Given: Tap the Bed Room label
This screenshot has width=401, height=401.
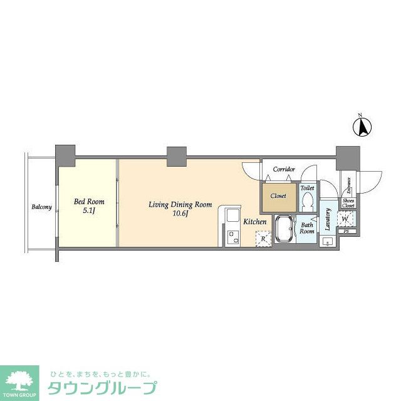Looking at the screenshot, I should pyautogui.click(x=89, y=202).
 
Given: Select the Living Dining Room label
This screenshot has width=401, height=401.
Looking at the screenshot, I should pyautogui.click(x=180, y=205).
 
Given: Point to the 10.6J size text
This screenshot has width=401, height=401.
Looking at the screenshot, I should pyautogui.click(x=180, y=215).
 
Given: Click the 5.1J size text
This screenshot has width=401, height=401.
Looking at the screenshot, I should pyautogui.click(x=88, y=211).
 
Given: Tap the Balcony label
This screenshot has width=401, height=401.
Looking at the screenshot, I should pyautogui.click(x=41, y=207).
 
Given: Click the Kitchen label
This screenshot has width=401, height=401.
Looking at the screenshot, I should pyautogui.click(x=255, y=222).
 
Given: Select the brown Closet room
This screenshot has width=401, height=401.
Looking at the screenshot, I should pyautogui.click(x=278, y=196).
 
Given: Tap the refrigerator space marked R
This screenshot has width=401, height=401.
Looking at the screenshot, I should pyautogui.click(x=263, y=238).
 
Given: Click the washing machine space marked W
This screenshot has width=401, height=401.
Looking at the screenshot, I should pyautogui.click(x=346, y=219).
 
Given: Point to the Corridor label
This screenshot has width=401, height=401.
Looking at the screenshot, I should pyautogui.click(x=283, y=170).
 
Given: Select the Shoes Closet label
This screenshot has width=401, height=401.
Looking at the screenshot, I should pyautogui.click(x=348, y=203).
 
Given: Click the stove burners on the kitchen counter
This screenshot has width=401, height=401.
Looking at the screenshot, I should pyautogui.click(x=233, y=237).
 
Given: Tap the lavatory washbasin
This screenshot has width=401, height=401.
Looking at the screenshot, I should pyautogui.click(x=327, y=241).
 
